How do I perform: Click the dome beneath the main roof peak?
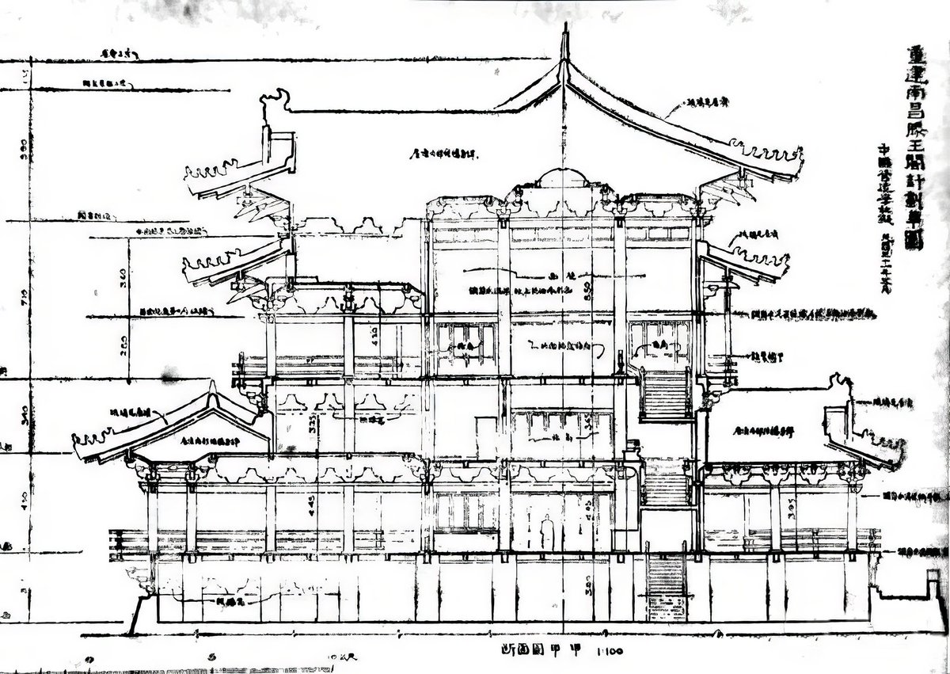563,177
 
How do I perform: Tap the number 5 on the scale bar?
211,657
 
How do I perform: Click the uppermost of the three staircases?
665,396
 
